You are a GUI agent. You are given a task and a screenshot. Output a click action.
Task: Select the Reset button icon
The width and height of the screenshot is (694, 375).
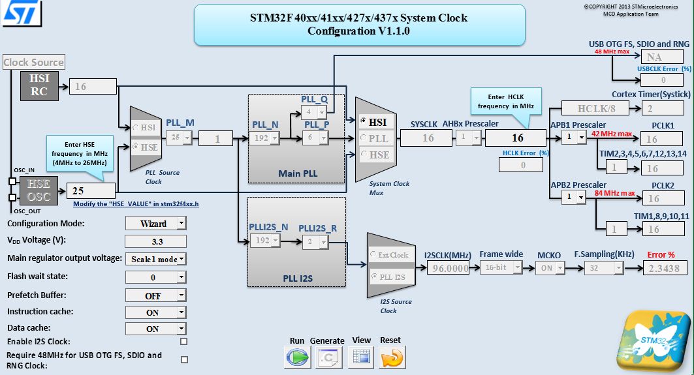pos(392,357)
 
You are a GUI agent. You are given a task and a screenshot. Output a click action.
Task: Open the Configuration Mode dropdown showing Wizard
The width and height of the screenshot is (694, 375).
pos(155,224)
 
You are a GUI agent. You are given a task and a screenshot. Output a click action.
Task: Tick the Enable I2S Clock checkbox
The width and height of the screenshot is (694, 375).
pos(183,341)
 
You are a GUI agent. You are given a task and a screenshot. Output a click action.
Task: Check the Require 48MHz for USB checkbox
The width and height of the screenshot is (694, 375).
pos(183,359)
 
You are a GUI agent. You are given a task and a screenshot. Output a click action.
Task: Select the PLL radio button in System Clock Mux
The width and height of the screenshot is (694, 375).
pos(363,138)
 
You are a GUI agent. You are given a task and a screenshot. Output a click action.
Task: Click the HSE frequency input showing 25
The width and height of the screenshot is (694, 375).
pos(91,190)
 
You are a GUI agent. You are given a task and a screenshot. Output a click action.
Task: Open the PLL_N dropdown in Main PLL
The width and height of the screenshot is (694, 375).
pos(266,138)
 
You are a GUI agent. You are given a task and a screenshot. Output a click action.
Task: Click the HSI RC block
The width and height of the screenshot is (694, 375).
pos(39,85)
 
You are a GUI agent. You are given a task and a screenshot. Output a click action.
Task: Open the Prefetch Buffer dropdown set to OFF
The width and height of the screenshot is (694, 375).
pos(155,295)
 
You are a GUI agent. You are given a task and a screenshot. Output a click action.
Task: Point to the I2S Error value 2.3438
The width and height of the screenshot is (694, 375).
pos(664,268)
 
